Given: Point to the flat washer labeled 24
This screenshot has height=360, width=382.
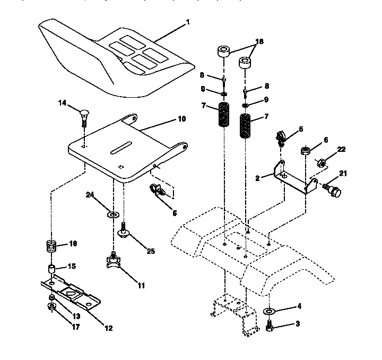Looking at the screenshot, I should pos(113,215).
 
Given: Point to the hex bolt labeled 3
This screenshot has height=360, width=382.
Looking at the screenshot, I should pos(270,325).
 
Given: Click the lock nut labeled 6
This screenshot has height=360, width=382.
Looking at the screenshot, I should pos(306,150).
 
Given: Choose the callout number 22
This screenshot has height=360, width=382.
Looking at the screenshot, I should pos(341,149).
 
